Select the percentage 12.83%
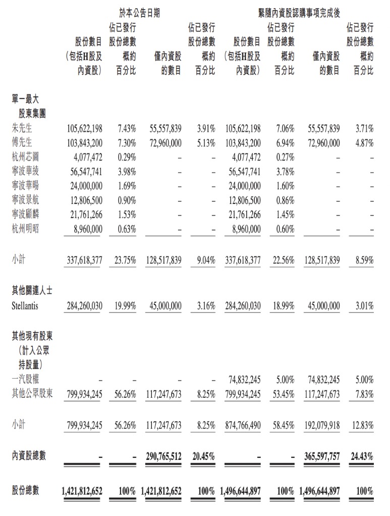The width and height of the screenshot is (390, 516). click(362, 425)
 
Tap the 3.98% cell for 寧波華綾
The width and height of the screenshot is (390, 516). click(125, 172)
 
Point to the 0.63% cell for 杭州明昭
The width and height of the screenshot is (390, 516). click(125, 229)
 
